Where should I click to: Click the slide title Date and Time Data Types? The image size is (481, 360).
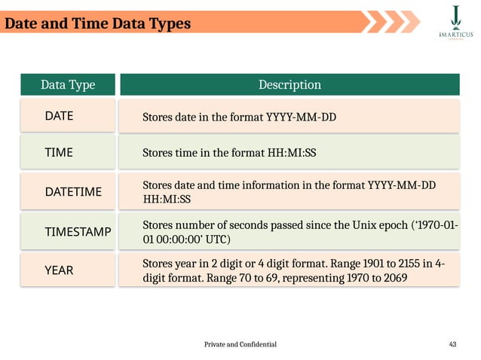point(97,23)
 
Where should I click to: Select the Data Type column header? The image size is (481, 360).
point(68,84)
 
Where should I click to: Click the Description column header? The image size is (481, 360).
point(290,84)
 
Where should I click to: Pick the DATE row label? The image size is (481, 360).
point(60,117)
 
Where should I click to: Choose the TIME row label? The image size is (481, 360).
point(59,152)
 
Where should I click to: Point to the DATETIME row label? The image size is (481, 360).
point(73,192)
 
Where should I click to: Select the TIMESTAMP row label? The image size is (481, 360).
point(78,233)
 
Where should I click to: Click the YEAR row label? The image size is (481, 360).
point(60,270)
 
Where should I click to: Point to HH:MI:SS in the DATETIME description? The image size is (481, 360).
point(167,200)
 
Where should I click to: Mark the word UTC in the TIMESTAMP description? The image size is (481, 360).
point(213,239)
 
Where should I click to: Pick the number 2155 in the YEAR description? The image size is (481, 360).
point(391,264)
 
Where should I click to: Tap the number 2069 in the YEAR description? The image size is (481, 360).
point(394,278)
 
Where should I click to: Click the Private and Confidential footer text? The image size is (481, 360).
point(240,344)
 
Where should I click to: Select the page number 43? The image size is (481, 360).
point(452,344)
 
